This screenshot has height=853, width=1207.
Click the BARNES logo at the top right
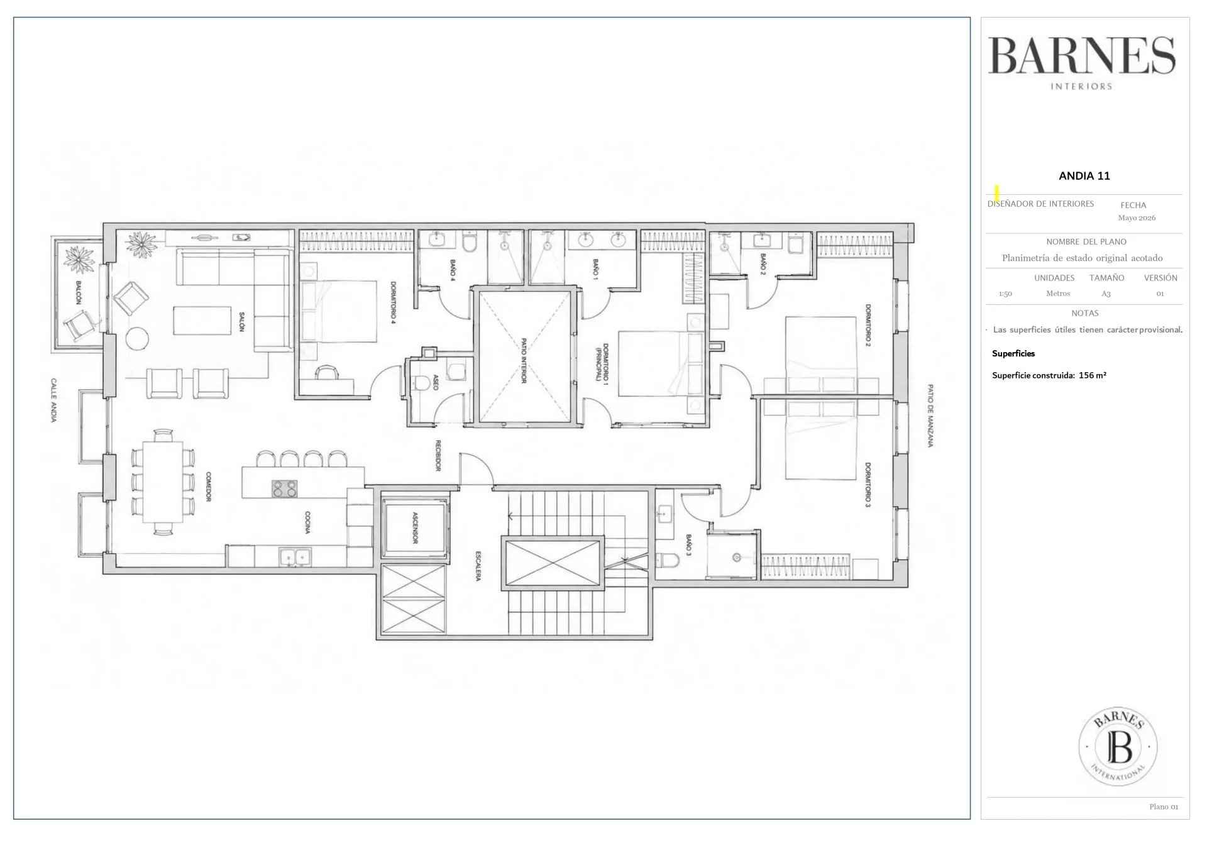pos(1081,62)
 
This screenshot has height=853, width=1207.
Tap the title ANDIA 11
pos(1084,176)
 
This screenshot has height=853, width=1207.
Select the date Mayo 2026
pos(1137,218)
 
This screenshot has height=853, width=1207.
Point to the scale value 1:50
pos(1005,294)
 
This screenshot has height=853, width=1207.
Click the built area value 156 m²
pos(1093,375)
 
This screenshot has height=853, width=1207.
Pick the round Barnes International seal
pos(1118,747)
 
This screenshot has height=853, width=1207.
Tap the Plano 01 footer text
pos(1164,806)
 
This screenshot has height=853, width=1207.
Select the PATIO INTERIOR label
pos(523,360)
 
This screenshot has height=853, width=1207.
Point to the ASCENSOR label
pos(415,527)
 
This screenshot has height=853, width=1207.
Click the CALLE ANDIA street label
pos(54,400)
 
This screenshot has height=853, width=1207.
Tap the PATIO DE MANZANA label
pos(930,415)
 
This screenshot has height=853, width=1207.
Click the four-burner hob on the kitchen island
pos(284,488)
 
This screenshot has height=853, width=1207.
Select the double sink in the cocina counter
pos(295,557)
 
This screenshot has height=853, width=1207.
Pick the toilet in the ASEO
pos(421,382)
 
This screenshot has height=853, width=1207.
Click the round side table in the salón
pos(138,338)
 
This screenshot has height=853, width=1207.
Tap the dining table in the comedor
pos(163,482)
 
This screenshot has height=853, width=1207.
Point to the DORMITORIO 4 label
pos(394,302)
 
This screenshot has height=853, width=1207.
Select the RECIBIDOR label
pos(438,455)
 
